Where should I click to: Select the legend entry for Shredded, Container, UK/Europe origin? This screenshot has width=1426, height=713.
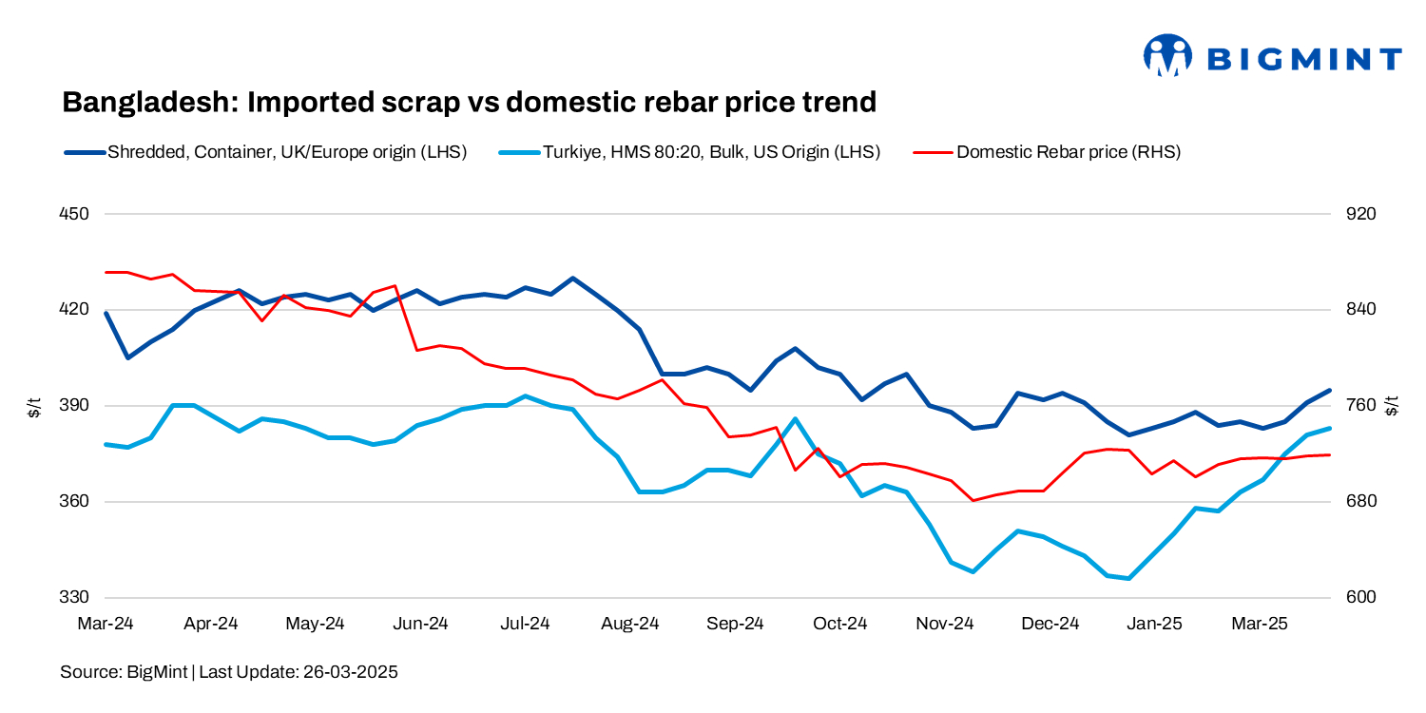pos(265,151)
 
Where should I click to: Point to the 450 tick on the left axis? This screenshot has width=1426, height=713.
pos(75,214)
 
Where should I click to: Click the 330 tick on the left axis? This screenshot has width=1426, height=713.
pos(75,598)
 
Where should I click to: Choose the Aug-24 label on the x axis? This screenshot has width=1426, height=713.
pos(630,625)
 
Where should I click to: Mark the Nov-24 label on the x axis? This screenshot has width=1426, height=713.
pos(945,625)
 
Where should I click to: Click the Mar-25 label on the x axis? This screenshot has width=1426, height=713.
pos(1260,625)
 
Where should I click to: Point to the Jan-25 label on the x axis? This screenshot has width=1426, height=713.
pos(1154,625)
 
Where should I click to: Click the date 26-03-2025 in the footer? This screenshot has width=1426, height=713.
pos(350,672)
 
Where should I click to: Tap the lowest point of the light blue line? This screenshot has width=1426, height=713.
pos(1128,578)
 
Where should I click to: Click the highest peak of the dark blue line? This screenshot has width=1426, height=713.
pos(572,279)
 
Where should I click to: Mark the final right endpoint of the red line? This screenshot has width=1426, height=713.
pos(1329,454)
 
